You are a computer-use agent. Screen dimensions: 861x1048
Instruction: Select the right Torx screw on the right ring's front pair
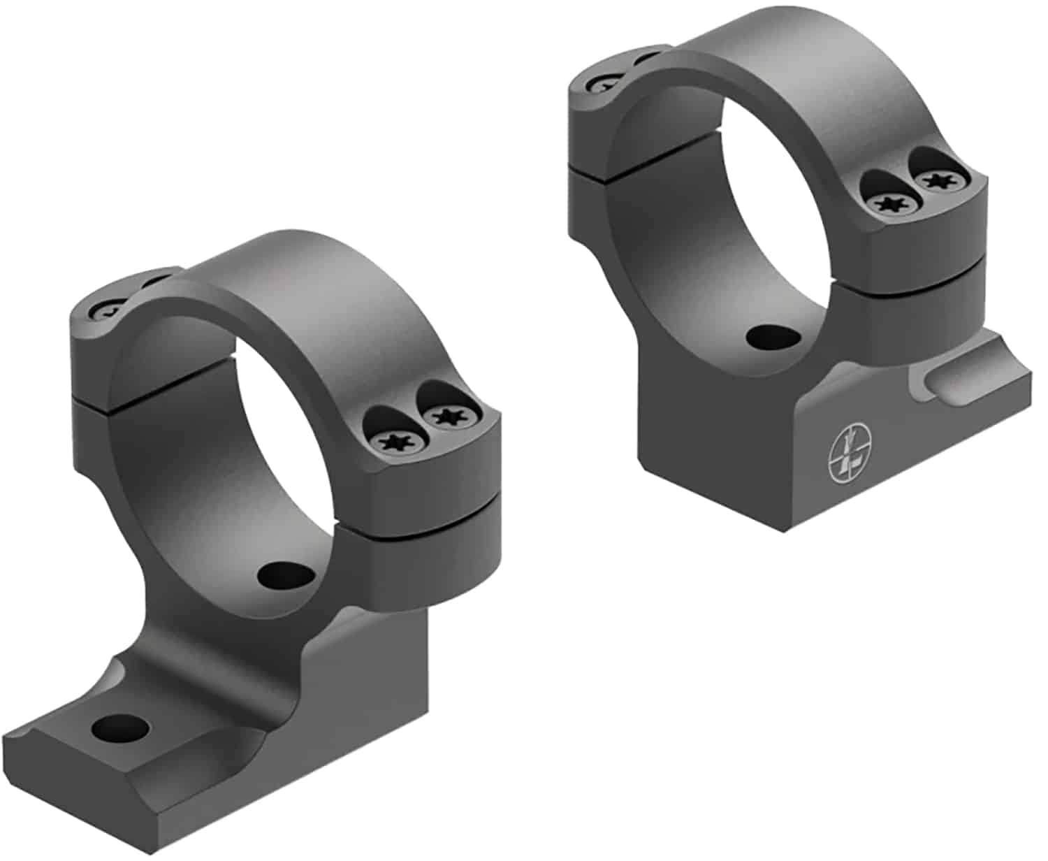tap(937, 181)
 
